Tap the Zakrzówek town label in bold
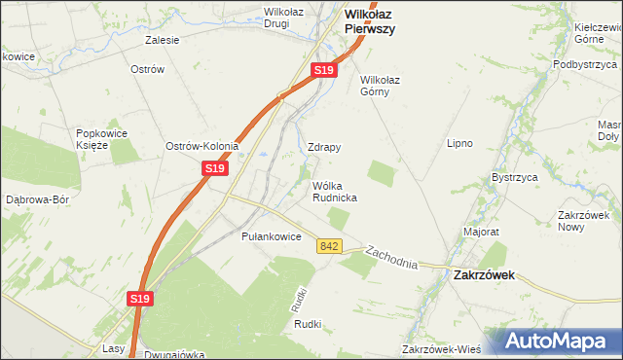(484, 275)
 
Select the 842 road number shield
(328, 248)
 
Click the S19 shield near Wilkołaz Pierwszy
(324, 71)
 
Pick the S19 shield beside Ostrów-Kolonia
(215, 168)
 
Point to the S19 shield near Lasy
(142, 301)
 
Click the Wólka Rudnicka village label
(334, 191)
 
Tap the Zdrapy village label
(324, 148)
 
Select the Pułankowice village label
(271, 236)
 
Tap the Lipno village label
(459, 143)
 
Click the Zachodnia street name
(391, 258)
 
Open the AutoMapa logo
(560, 341)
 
